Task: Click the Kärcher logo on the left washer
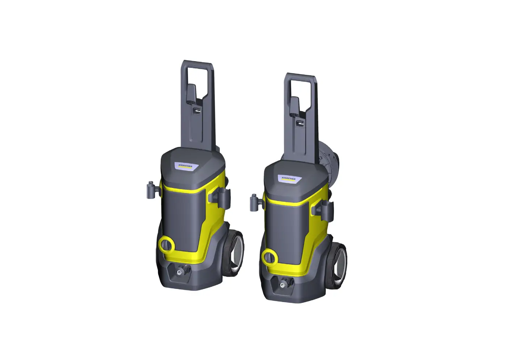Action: point(185,166)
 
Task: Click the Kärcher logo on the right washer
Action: point(288,178)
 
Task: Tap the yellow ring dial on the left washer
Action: point(166,245)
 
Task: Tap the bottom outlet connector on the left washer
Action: point(180,270)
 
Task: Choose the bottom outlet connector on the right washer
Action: point(282,284)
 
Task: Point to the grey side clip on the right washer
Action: point(325,210)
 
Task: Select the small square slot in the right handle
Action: point(299,123)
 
